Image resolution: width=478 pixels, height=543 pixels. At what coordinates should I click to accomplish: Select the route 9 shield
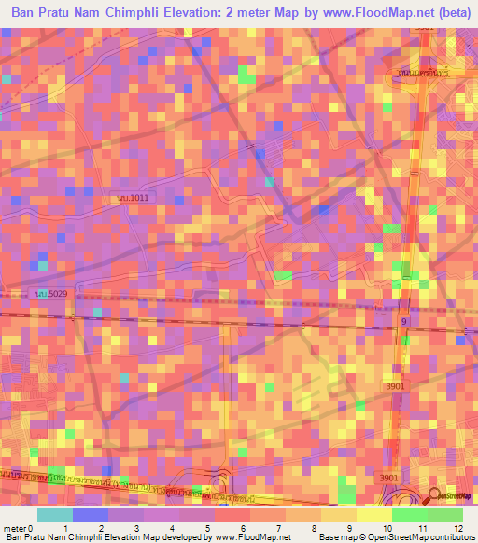click(x=404, y=321)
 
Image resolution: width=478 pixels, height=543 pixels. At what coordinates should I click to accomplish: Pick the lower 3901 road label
click(x=388, y=479)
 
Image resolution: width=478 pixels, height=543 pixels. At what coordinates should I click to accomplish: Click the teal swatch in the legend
click(x=55, y=515)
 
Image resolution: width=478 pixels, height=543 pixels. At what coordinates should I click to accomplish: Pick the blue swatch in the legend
click(x=91, y=515)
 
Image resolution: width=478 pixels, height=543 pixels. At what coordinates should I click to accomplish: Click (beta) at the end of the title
click(x=451, y=11)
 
